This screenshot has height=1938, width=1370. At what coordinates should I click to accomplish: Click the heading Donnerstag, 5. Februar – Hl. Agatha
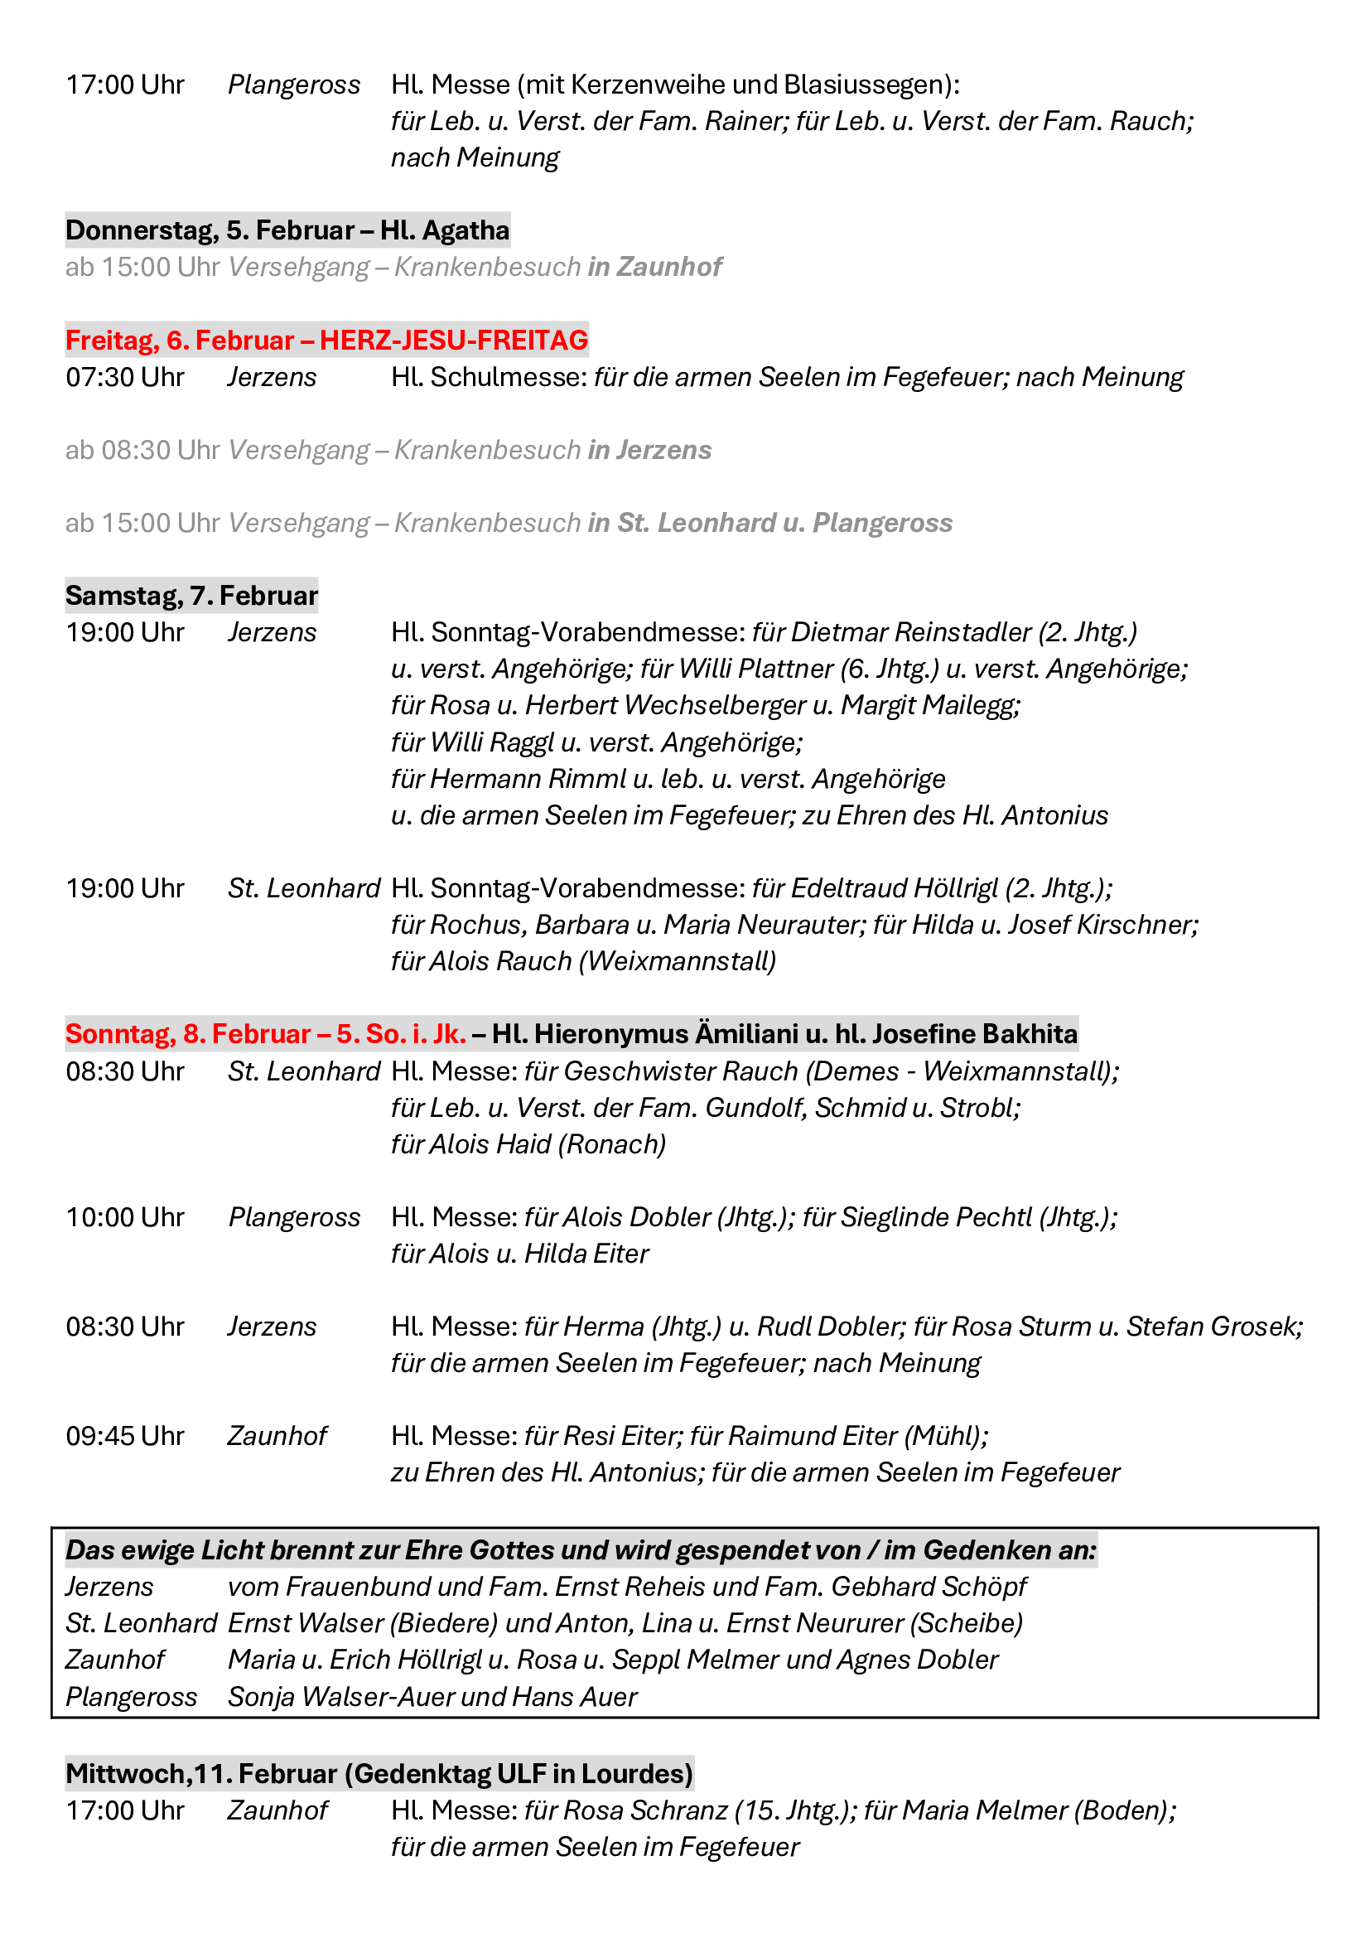tap(287, 230)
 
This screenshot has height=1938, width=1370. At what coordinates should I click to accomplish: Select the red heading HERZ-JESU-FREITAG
tap(453, 341)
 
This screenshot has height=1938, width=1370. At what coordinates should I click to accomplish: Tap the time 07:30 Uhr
tap(125, 377)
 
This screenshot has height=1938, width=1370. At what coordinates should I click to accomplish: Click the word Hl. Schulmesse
tap(488, 377)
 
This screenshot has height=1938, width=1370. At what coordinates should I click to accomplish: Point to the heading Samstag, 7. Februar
tap(191, 596)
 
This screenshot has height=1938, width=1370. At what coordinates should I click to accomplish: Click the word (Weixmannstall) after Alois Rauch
tap(678, 961)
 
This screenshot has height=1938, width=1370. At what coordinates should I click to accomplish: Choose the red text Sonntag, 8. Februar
tap(188, 1034)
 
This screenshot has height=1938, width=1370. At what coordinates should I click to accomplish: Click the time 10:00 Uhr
tap(125, 1217)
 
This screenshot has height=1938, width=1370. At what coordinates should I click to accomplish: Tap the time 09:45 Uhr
tap(125, 1436)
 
